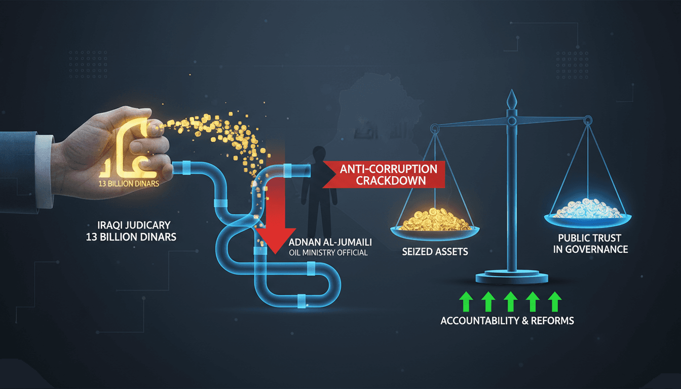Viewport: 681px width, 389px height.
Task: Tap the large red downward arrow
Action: (x=276, y=213)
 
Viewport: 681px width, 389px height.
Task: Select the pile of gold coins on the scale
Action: (x=435, y=219)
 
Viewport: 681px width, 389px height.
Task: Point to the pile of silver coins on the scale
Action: (x=587, y=208)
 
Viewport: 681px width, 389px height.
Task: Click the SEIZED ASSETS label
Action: (x=435, y=252)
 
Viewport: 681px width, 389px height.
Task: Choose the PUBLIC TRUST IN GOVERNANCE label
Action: (x=590, y=244)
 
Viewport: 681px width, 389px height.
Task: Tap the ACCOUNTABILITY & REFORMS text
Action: (x=507, y=321)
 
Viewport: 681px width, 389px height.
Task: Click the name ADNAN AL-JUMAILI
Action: (x=330, y=242)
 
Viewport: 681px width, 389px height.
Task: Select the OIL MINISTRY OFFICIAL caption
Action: (x=328, y=253)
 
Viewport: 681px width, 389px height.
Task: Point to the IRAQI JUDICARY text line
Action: (x=134, y=225)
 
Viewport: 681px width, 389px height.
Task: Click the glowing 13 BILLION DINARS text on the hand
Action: (x=129, y=183)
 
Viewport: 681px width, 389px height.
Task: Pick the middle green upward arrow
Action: (x=510, y=301)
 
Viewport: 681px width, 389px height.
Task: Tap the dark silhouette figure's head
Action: (x=319, y=154)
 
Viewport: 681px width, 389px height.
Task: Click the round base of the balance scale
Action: (x=512, y=277)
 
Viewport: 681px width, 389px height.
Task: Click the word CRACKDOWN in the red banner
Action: (x=391, y=181)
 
